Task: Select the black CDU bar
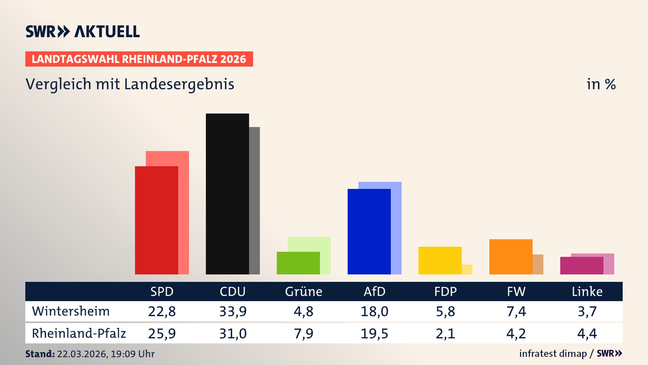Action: click(x=227, y=194)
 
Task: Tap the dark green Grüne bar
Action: click(x=298, y=263)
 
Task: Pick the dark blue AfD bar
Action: click(x=369, y=232)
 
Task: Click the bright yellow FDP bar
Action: click(x=440, y=260)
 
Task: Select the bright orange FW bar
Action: click(x=511, y=257)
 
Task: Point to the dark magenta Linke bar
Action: click(x=582, y=266)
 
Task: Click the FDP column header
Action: click(x=445, y=292)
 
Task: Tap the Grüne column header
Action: click(x=303, y=292)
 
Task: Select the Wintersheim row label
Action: click(x=71, y=311)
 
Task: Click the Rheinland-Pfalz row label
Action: click(x=79, y=334)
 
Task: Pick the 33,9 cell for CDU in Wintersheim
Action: click(x=233, y=311)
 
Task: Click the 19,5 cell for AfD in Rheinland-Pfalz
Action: click(x=374, y=334)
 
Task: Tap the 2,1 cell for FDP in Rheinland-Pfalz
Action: click(x=445, y=334)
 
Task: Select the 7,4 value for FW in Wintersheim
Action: click(x=516, y=311)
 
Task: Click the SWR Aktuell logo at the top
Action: click(x=83, y=31)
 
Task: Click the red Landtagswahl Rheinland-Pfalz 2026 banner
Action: click(x=139, y=59)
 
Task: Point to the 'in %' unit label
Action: click(x=601, y=84)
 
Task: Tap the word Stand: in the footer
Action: click(x=40, y=354)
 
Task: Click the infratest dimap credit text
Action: click(x=553, y=354)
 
